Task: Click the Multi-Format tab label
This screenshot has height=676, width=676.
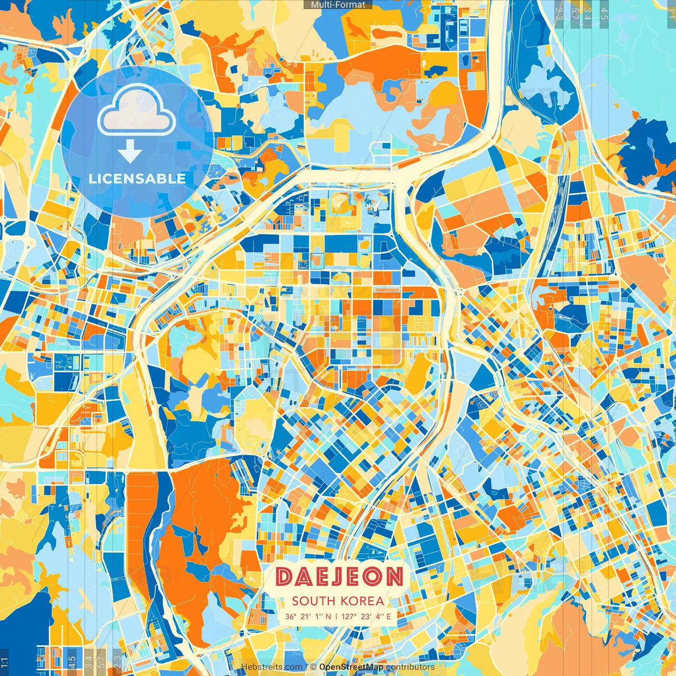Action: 338,5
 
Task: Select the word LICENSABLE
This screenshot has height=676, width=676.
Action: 137,179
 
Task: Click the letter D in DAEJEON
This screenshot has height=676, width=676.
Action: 285,577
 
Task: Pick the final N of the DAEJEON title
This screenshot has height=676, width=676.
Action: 394,577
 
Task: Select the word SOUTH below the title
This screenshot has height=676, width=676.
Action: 313,600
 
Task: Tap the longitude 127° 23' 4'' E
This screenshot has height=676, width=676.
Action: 366,616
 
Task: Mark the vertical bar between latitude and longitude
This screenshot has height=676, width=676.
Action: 336,616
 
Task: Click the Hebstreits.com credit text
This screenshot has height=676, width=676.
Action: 272,667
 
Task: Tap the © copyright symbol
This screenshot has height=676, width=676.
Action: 313,667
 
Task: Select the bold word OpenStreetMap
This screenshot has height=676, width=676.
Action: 351,667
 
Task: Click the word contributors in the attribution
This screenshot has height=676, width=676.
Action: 410,667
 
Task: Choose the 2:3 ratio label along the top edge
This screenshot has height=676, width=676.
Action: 559,13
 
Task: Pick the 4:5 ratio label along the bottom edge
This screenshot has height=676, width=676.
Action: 72,661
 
